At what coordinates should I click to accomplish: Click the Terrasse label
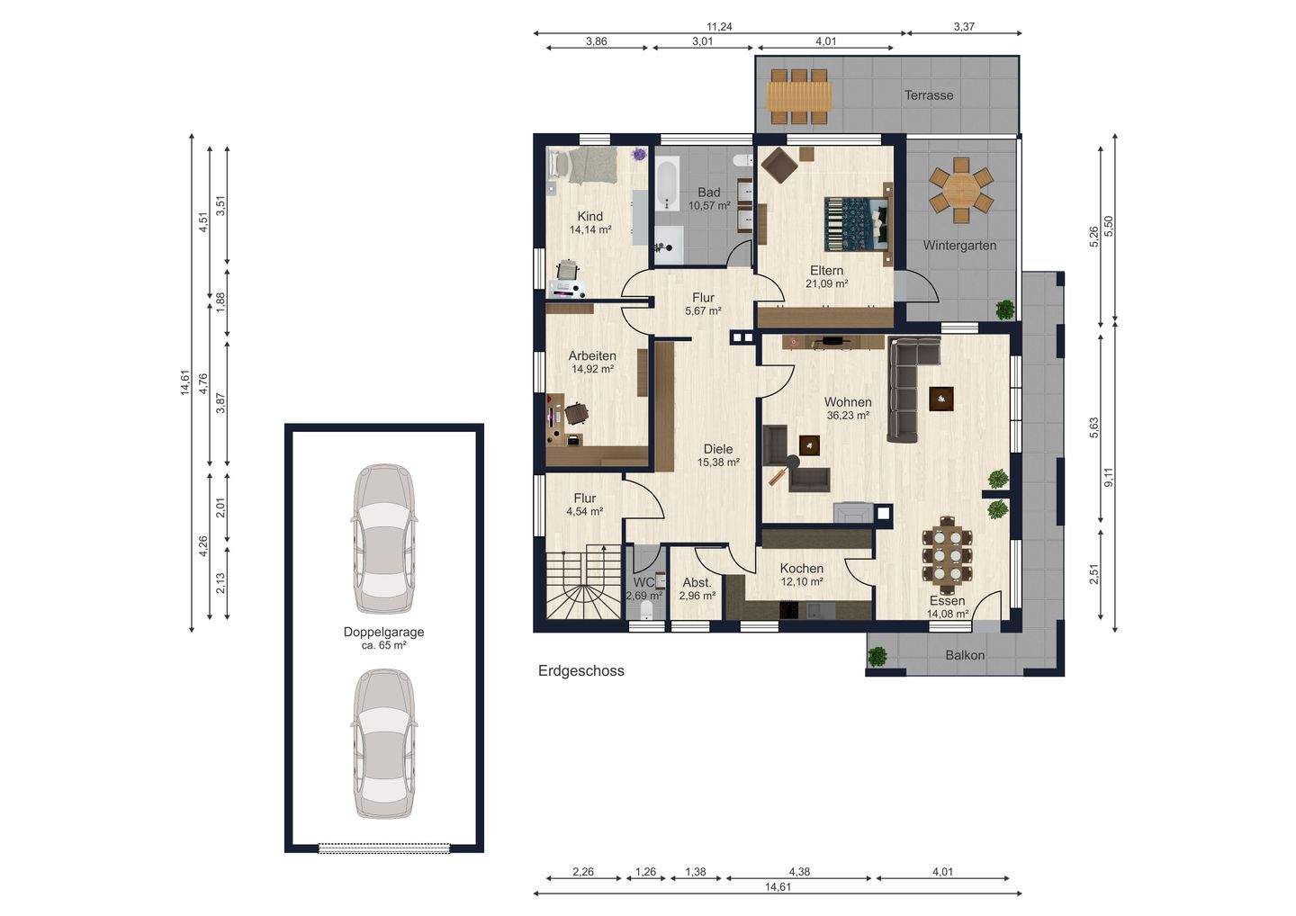pos(929,95)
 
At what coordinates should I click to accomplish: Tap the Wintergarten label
pos(959,245)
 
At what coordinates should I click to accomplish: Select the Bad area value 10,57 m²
pos(709,205)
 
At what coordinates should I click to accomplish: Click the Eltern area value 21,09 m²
pos(826,283)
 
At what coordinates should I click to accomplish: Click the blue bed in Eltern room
pos(856,224)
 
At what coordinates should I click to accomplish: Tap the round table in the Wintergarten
pos(961,190)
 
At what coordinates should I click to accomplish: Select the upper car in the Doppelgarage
pos(384,538)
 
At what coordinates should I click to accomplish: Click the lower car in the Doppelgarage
pos(384,743)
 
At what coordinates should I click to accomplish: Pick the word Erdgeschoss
pos(580,671)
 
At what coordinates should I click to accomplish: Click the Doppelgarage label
pos(383,632)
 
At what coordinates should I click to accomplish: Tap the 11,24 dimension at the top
pos(719,27)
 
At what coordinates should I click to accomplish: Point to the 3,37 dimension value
pos(963,27)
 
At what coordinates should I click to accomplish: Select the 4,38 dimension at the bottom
pos(798,872)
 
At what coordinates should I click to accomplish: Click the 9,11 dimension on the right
pos(1109,477)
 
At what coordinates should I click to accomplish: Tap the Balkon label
pos(965,655)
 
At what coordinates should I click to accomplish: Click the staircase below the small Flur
pos(584,584)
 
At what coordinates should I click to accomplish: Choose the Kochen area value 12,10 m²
pos(802,582)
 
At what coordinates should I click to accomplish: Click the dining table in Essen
pos(947,556)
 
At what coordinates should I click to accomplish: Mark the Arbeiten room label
pos(592,355)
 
